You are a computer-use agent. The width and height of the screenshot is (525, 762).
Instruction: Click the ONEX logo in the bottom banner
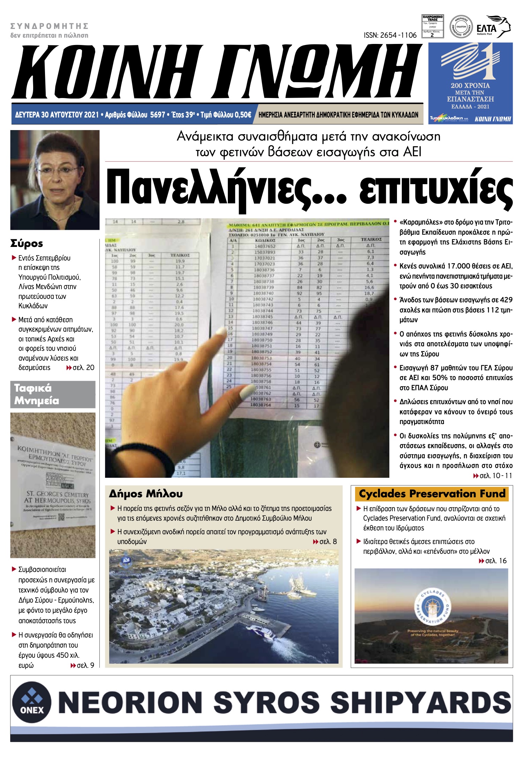(32, 702)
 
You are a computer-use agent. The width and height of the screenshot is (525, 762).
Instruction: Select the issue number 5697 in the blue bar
(157, 115)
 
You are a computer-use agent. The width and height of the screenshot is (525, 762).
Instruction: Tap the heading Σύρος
(27, 243)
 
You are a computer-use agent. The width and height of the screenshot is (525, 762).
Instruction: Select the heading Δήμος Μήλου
(145, 493)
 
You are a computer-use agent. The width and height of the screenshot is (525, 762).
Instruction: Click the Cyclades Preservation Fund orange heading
(432, 493)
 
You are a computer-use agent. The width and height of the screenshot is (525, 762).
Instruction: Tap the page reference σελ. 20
(83, 368)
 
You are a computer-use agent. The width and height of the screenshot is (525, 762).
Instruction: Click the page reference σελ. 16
(496, 561)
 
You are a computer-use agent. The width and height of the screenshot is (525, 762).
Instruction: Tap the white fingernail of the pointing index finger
(221, 331)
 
